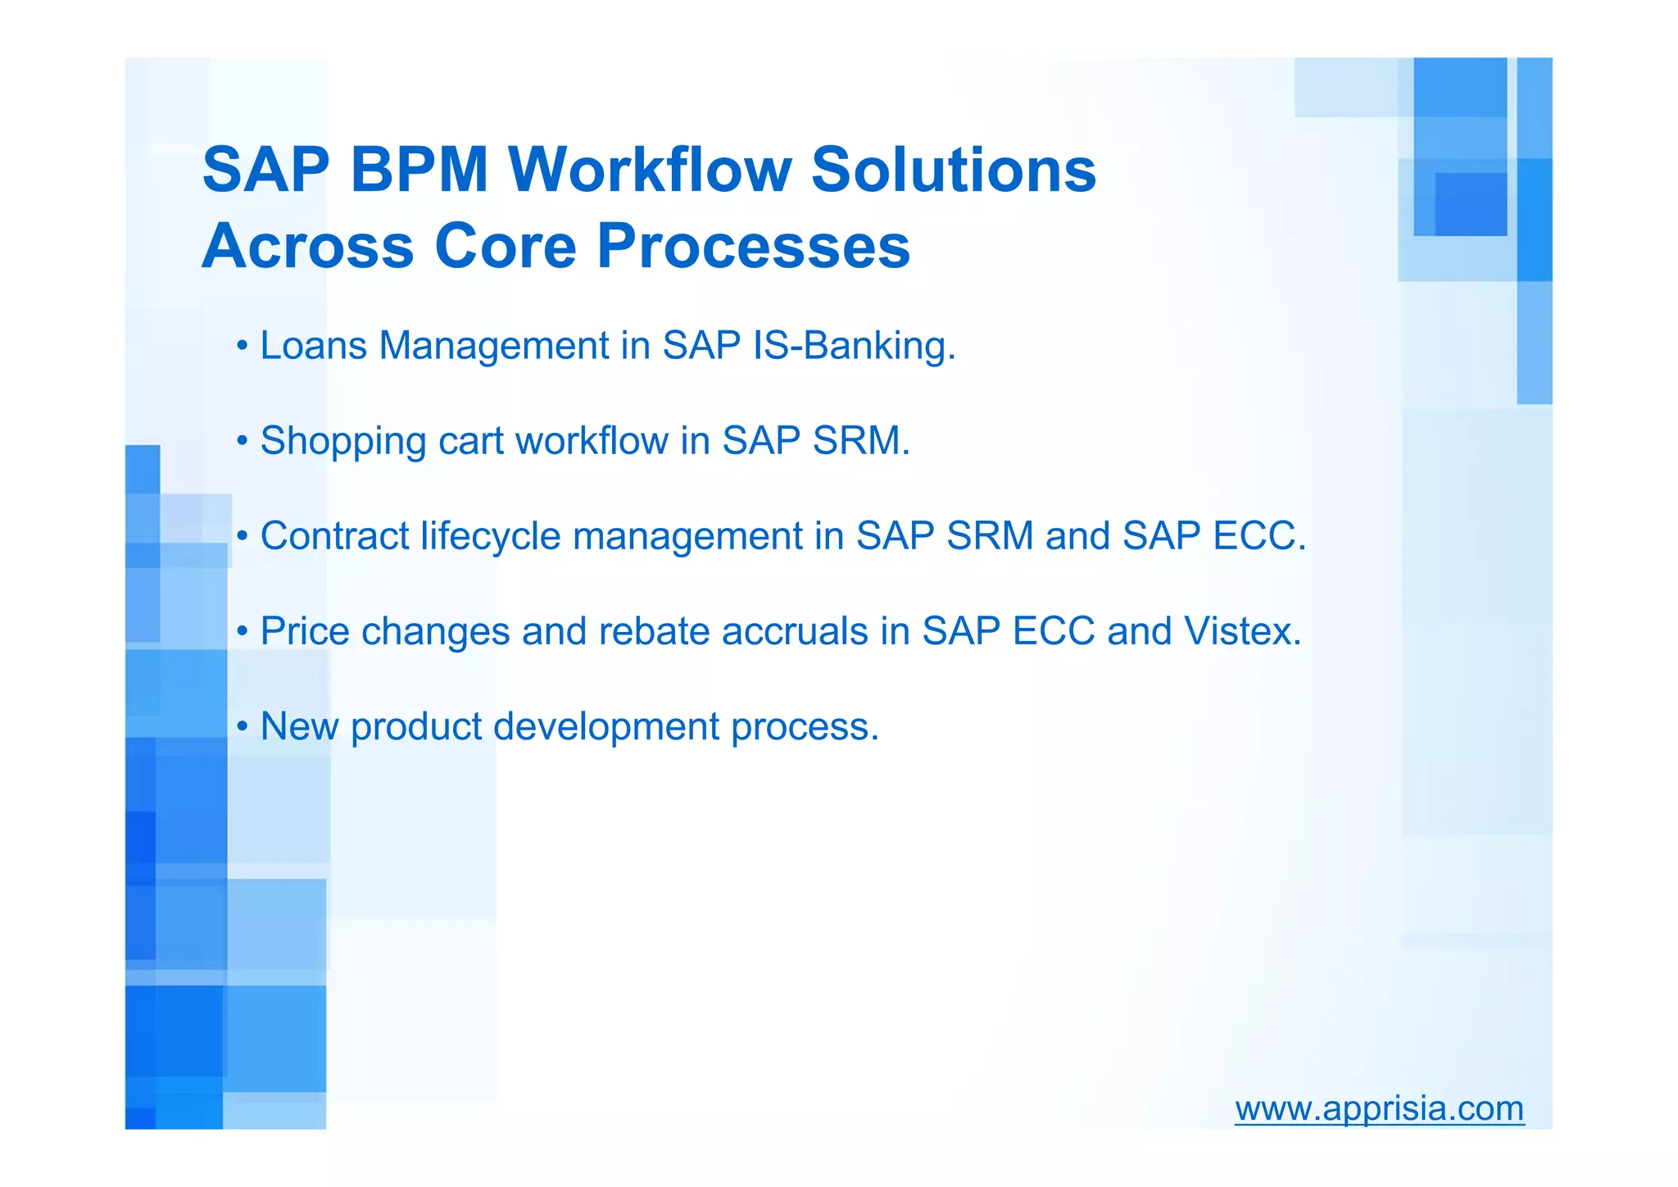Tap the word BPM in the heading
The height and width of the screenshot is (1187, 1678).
coord(419,170)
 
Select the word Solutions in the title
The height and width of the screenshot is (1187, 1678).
coord(953,170)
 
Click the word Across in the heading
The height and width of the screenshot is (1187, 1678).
coord(308,245)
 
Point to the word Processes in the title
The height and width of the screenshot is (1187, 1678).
coord(753,245)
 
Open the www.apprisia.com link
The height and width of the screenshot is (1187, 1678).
coord(1379,1108)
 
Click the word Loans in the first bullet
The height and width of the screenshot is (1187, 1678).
coord(313,345)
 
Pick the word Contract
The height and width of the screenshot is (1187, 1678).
coord(334,536)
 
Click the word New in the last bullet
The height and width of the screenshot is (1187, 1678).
coord(299,726)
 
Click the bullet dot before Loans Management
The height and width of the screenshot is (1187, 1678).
coord(242,346)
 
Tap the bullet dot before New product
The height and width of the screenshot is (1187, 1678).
coord(242,727)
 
